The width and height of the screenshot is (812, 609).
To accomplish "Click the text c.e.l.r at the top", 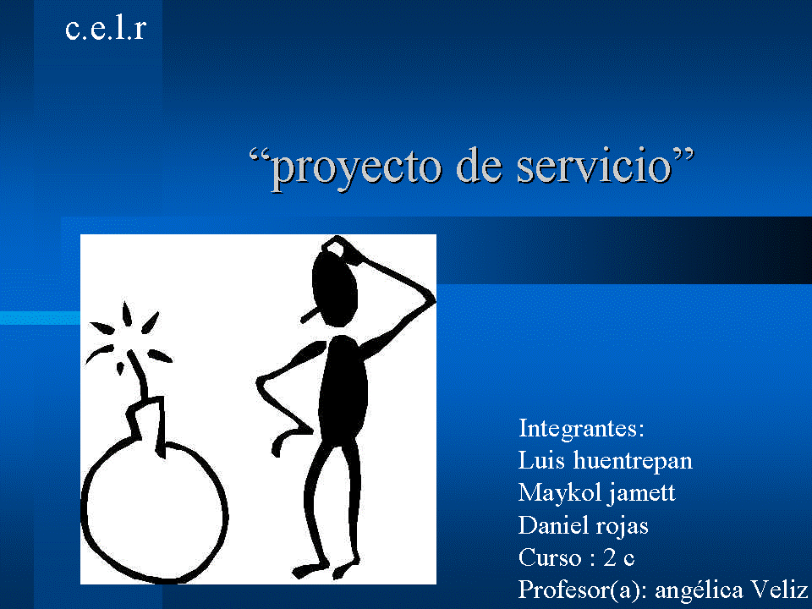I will pos(106,30).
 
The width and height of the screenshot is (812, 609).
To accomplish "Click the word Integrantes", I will pos(581,428).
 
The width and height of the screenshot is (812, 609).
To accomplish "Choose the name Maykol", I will pos(554,493).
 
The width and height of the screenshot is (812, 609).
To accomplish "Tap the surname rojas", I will pos(621,527).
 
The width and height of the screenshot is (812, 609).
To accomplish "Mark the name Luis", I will pos(540,461).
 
